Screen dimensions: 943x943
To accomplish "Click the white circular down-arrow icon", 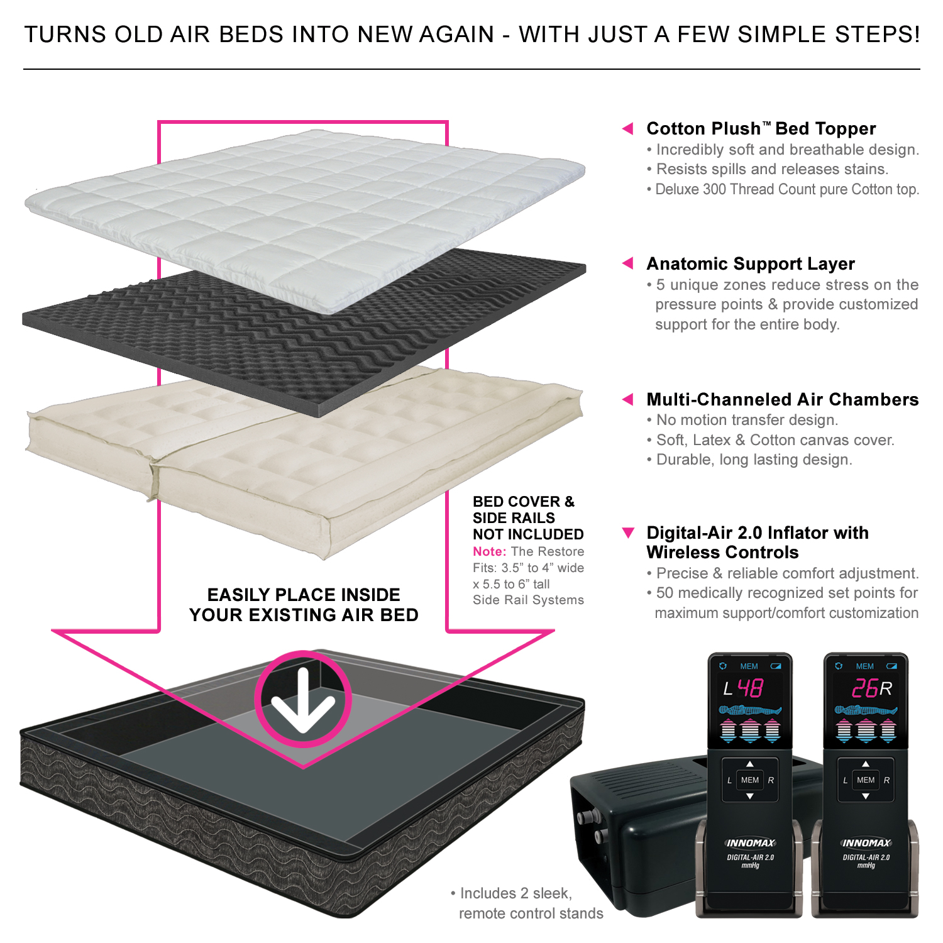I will tap(303, 698).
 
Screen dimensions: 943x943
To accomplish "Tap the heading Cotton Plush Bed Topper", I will tap(761, 129).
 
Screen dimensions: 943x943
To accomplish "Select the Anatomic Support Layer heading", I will tap(751, 264).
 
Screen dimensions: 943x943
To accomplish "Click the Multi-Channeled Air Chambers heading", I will tap(782, 400).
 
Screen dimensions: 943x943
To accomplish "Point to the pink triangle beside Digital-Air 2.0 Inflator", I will tap(627, 533).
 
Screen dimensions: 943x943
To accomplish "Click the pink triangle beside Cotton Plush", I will tap(627, 129).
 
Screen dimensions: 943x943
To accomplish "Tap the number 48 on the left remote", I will tap(750, 689).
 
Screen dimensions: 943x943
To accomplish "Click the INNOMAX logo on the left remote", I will tap(750, 843).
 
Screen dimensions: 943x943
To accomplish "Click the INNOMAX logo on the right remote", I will tap(866, 843).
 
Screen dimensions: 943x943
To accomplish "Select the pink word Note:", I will tap(489, 552).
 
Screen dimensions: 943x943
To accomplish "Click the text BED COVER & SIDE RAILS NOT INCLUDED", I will tap(527, 518).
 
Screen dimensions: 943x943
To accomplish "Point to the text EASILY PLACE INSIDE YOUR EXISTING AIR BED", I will tap(304, 605).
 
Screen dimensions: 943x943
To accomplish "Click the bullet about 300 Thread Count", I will tap(786, 190).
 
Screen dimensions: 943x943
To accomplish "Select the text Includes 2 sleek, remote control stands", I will tap(527, 903).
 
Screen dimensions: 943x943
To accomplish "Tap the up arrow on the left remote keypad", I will tap(749, 764).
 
